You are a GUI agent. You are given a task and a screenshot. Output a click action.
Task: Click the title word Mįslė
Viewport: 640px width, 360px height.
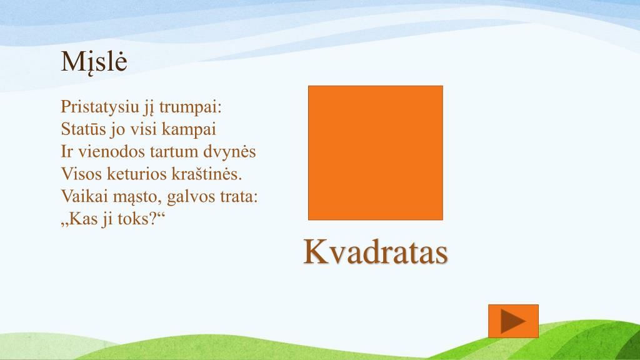94,62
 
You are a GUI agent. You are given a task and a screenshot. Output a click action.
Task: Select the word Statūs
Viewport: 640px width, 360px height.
83,129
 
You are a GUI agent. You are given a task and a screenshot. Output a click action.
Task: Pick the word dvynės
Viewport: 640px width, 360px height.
232,152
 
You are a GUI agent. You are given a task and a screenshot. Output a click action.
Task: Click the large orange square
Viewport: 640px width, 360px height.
375,152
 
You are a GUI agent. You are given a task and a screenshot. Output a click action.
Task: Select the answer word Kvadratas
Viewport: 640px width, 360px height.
376,252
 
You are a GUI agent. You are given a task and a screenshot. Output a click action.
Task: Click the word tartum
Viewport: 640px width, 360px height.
174,152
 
